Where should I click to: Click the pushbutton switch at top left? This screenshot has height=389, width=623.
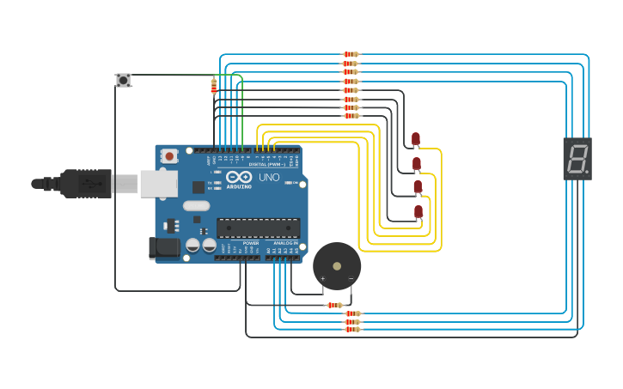click(x=124, y=80)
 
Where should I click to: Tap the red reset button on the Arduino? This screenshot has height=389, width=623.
click(x=170, y=156)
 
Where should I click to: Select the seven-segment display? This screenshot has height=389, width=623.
click(x=577, y=158)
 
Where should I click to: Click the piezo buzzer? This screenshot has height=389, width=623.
click(x=337, y=265)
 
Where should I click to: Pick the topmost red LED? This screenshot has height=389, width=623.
click(x=416, y=138)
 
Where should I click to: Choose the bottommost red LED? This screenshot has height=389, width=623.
click(x=418, y=211)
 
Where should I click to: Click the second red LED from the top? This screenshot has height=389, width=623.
click(x=417, y=163)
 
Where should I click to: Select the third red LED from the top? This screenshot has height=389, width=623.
click(x=418, y=186)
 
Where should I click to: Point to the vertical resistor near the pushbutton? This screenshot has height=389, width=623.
click(x=213, y=85)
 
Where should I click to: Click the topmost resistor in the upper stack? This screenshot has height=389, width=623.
click(x=351, y=54)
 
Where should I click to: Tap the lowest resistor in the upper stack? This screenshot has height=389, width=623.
click(x=351, y=116)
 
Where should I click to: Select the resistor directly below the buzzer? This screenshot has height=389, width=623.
click(x=334, y=305)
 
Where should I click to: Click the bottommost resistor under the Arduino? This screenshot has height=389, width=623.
click(x=352, y=330)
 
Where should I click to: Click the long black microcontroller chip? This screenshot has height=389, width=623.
click(x=258, y=228)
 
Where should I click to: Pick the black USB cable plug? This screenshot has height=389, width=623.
click(x=86, y=183)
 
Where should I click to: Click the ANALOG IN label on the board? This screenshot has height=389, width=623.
click(x=285, y=243)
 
